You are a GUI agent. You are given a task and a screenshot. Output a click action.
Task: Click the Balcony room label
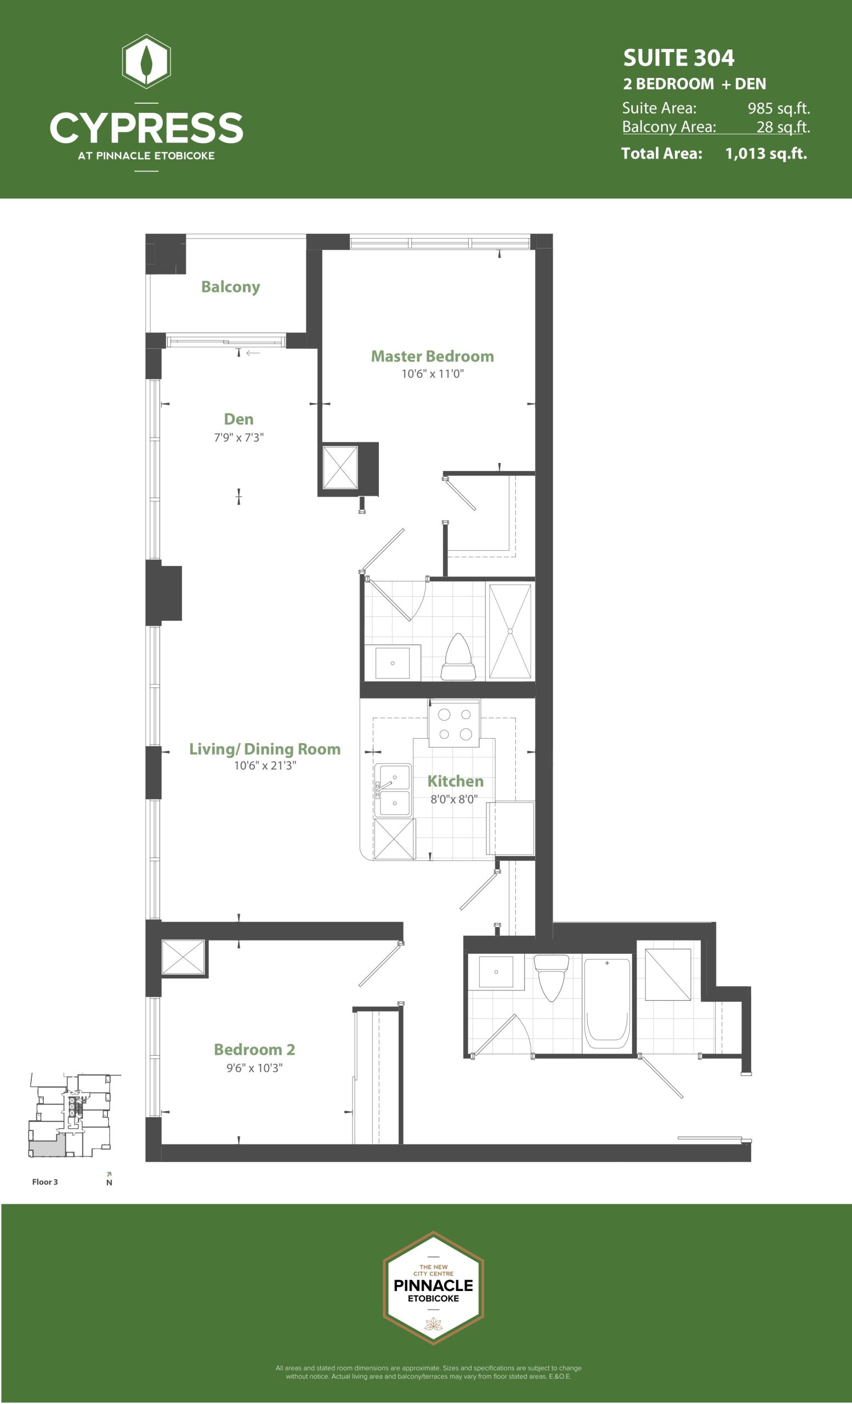point(231,287)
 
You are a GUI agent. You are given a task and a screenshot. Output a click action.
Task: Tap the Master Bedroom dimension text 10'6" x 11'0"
point(433,374)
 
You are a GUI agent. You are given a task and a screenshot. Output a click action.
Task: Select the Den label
point(238,419)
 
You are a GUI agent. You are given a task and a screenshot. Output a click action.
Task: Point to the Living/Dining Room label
point(265,749)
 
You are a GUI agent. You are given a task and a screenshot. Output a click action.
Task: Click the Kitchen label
point(455,780)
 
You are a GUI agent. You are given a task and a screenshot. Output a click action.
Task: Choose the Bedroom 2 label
point(254,1049)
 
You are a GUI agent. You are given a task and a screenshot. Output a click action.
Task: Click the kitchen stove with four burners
point(455,722)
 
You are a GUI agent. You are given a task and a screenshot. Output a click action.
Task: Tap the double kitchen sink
point(394,790)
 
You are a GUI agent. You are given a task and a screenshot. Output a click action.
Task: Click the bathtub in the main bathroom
point(607,1005)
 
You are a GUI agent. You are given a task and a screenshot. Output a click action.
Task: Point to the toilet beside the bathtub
point(552,978)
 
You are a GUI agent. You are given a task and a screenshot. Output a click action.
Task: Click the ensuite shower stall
point(510,631)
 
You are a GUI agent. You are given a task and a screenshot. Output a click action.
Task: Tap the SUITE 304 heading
point(679,58)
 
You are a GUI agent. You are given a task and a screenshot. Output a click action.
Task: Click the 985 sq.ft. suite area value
point(779,108)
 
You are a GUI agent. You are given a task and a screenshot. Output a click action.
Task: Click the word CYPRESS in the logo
point(146,128)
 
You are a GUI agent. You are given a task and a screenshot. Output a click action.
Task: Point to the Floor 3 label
point(45,1182)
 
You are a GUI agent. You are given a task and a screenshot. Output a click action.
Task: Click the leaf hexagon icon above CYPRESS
point(146,61)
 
